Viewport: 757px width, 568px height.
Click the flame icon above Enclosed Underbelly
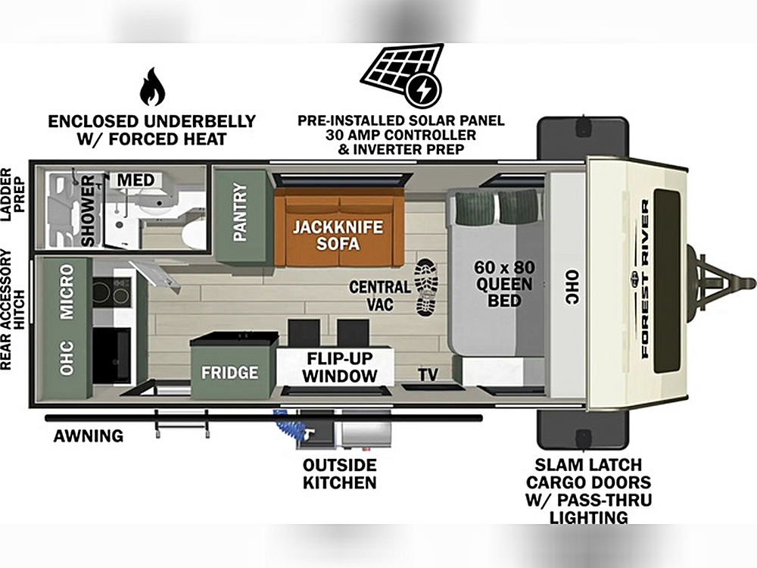(x=153, y=86)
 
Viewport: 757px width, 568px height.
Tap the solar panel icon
(x=403, y=75)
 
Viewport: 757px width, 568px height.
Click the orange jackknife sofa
(x=339, y=227)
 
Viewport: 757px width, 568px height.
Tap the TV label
(x=428, y=374)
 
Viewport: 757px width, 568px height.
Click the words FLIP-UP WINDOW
(x=340, y=367)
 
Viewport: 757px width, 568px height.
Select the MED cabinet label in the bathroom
(x=136, y=180)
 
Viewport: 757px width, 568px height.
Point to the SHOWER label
(x=89, y=211)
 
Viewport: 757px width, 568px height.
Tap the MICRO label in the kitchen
(x=67, y=292)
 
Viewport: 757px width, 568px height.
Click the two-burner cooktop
(x=111, y=292)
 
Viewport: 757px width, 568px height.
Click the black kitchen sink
(x=111, y=355)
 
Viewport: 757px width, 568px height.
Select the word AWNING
(x=89, y=436)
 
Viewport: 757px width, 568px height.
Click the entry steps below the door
(x=182, y=423)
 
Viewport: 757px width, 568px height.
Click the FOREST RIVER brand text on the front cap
(x=646, y=279)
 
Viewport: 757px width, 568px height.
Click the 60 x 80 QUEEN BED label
(x=504, y=283)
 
